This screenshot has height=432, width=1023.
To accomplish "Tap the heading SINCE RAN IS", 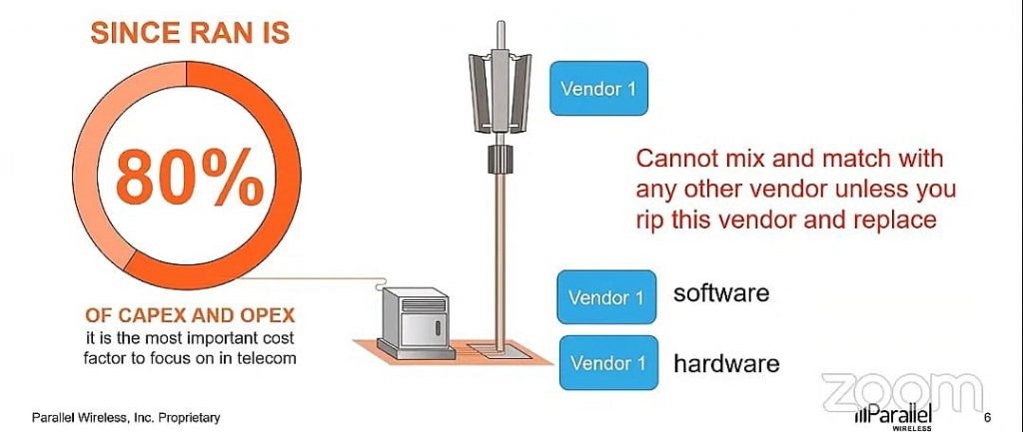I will [190, 34].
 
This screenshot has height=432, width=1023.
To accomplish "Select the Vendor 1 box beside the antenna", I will [597, 88].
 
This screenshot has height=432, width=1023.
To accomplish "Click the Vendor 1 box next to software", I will [606, 296].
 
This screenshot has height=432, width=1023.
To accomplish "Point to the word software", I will [721, 293].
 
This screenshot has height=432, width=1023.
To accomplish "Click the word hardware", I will [726, 363].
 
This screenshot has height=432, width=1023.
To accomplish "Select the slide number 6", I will [988, 417].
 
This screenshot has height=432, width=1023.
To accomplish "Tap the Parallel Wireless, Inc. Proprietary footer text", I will [125, 417].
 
